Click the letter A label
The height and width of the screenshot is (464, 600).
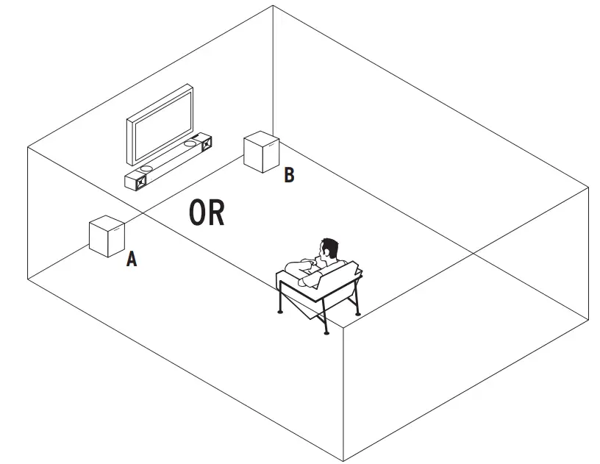pyautogui.click(x=132, y=259)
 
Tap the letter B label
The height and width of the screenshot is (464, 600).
pyautogui.click(x=289, y=175)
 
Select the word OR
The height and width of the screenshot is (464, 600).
pyautogui.click(x=207, y=212)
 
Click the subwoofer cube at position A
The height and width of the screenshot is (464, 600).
pyautogui.click(x=106, y=237)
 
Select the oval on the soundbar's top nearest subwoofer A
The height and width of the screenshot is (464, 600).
pyautogui.click(x=146, y=168)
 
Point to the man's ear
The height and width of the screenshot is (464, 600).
pyautogui.click(x=326, y=255)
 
